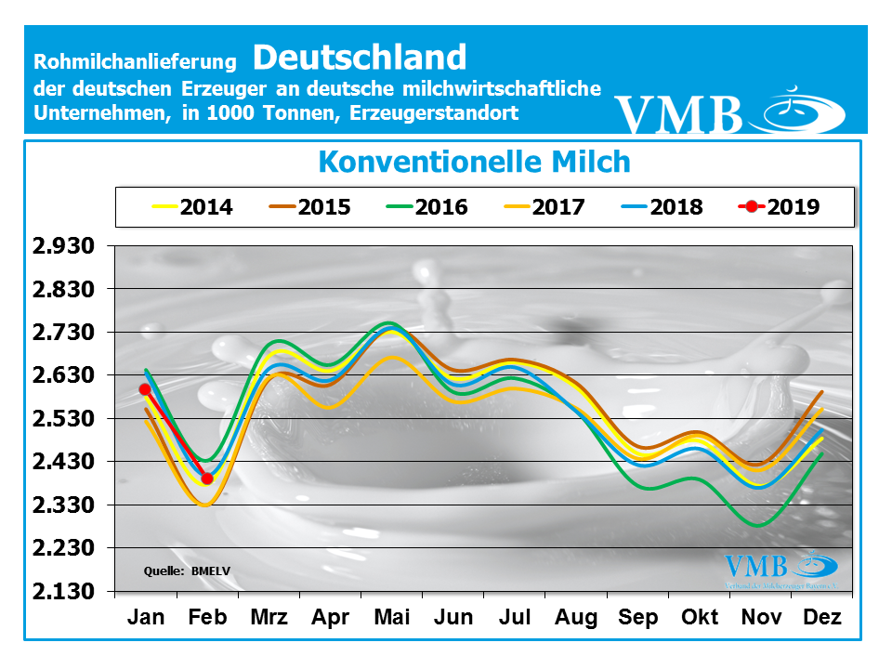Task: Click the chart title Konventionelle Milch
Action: [474, 162]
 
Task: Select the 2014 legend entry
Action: [190, 206]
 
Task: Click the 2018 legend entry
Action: [661, 206]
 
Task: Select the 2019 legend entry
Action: [779, 206]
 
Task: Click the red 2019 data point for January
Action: [145, 389]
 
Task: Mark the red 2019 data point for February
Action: [207, 479]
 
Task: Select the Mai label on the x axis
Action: [391, 618]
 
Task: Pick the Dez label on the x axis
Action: [822, 618]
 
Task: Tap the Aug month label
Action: [576, 618]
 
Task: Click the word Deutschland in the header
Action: [359, 58]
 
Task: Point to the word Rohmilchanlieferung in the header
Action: [136, 62]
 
